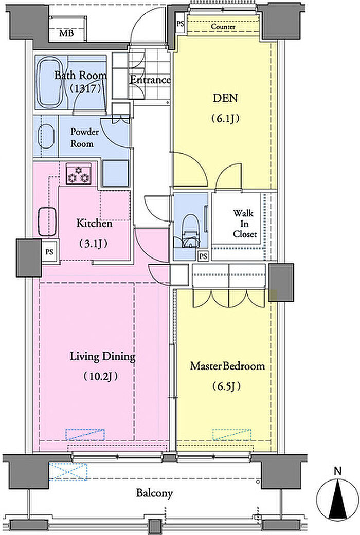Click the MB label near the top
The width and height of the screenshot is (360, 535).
66,33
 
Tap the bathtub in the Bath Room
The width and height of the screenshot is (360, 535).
50,82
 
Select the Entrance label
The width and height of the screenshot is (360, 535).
150,80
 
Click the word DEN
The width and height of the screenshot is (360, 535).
225,98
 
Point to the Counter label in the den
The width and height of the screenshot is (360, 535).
223,27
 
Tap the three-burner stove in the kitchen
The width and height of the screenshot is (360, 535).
79,174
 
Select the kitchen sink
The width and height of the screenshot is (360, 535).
47,222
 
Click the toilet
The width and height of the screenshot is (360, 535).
190,231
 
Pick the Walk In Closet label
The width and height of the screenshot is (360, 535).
245,224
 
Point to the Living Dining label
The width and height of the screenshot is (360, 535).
102,357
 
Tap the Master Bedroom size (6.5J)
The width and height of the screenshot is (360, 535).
227,386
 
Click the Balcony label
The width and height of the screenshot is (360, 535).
154,493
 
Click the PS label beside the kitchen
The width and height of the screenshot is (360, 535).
49,252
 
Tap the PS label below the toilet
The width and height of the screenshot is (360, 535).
203,256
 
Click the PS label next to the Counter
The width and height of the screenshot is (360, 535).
181,24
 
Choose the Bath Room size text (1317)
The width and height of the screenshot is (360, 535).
85,89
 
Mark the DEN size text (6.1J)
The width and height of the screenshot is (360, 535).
225,118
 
